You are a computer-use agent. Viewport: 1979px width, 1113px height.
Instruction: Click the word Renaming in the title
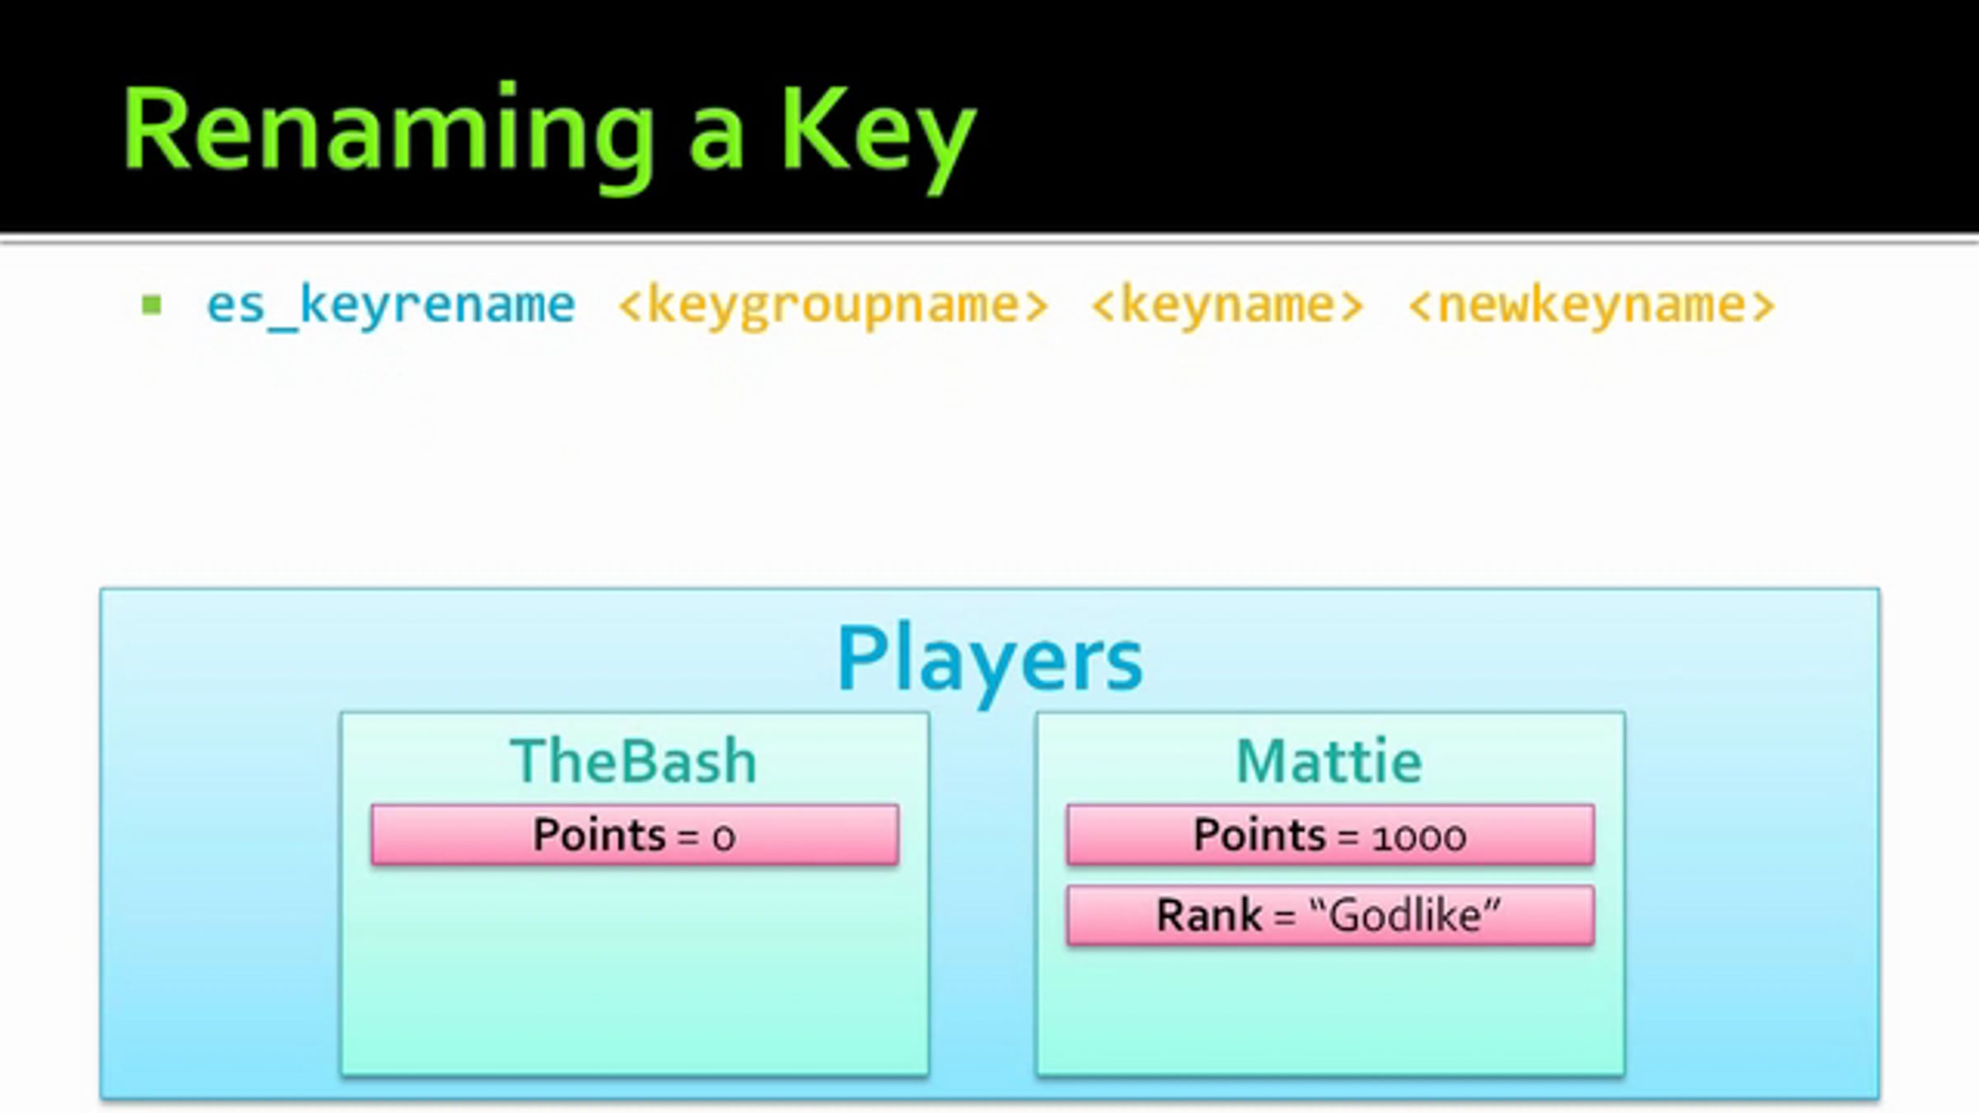point(388,132)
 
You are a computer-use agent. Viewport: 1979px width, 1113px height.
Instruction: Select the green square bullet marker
point(152,305)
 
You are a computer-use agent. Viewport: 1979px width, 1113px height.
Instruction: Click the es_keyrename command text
point(390,306)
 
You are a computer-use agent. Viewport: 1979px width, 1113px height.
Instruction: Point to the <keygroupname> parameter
point(833,306)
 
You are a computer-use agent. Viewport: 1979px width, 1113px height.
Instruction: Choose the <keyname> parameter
point(1227,306)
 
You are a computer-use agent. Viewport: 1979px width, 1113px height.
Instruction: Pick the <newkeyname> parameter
point(1591,306)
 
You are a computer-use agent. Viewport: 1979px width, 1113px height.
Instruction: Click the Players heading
point(989,660)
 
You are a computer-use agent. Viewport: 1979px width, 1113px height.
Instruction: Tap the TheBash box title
point(633,761)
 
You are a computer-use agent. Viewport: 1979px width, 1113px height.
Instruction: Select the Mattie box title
point(1329,761)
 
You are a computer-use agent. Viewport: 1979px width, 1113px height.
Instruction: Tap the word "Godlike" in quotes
point(1404,915)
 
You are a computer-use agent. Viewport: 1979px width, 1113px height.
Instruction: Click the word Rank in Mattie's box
point(1209,915)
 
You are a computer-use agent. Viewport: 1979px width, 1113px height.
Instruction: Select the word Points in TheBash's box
point(599,834)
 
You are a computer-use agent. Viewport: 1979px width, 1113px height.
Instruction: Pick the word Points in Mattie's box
point(1259,834)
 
